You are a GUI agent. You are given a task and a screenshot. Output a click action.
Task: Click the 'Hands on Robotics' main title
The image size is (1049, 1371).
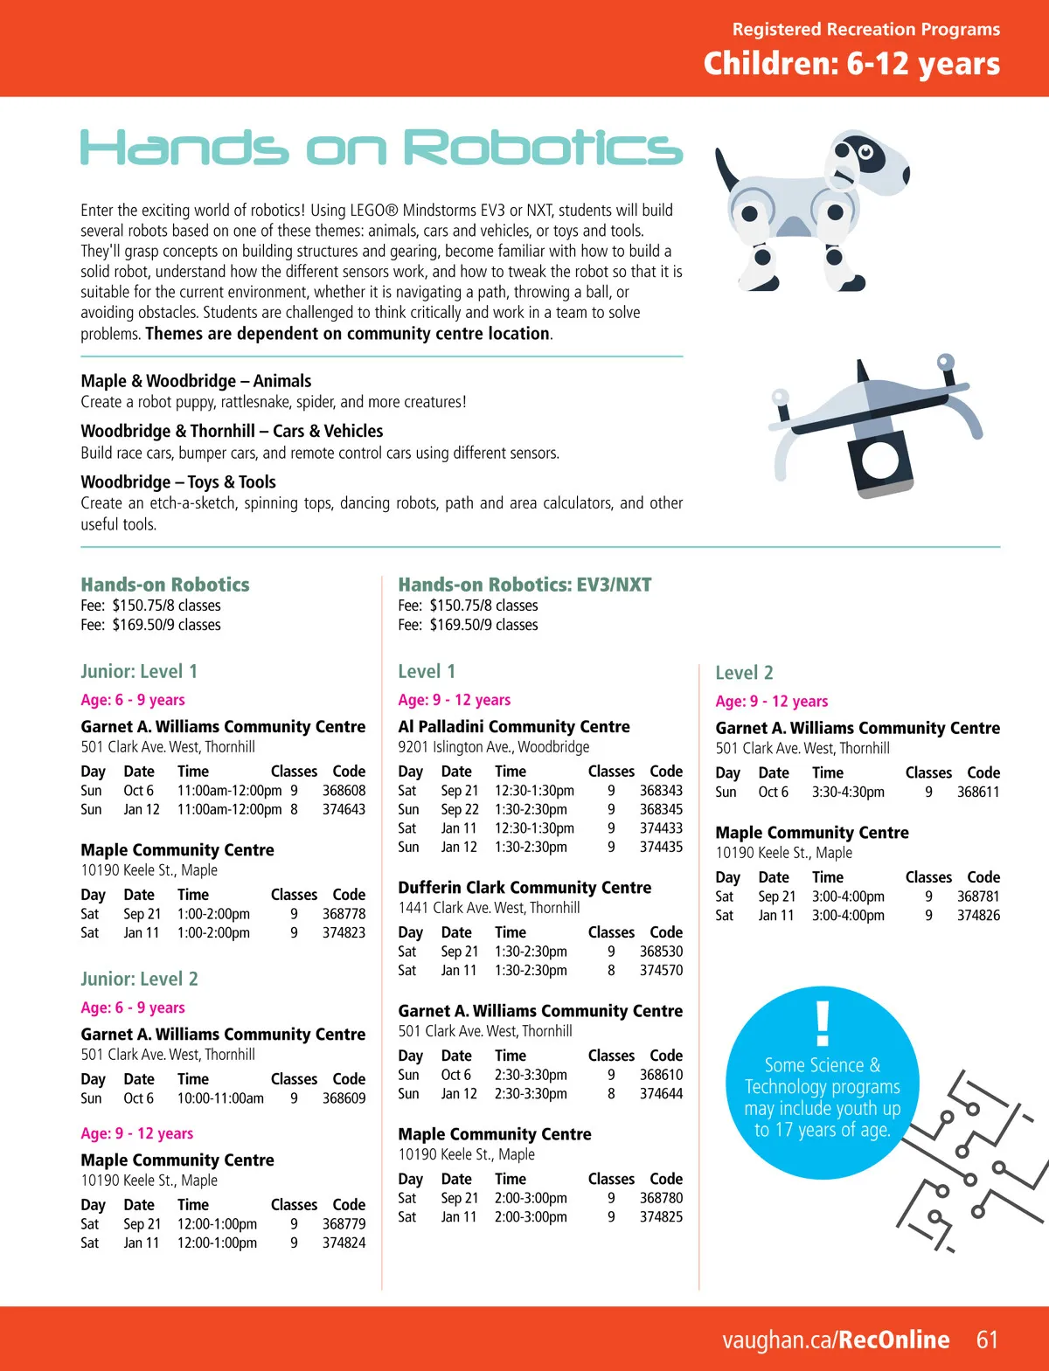[x=381, y=147]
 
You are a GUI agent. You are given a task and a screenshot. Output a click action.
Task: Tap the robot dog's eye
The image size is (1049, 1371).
[x=865, y=153]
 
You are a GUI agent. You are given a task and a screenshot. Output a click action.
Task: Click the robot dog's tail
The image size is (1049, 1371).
[x=726, y=171]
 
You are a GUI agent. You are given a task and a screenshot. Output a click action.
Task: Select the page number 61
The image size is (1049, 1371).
[x=987, y=1340]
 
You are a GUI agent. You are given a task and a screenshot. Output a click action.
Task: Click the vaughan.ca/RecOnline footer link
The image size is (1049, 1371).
[x=835, y=1340]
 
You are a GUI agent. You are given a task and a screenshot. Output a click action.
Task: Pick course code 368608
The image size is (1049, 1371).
[x=344, y=790]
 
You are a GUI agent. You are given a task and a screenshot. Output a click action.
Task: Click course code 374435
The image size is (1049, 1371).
[x=661, y=847]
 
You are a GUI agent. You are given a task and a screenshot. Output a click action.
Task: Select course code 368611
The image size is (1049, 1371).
[x=978, y=792]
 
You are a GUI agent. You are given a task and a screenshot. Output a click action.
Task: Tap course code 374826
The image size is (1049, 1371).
[x=978, y=915]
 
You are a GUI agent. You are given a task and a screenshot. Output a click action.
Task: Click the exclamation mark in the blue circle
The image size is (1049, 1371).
[x=822, y=1023]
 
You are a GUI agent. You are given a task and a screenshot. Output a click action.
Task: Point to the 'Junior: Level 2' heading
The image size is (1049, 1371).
[x=139, y=979]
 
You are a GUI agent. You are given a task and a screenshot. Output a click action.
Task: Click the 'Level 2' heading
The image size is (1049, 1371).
[x=744, y=673]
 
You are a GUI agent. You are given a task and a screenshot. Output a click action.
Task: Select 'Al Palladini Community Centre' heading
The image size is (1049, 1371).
[x=513, y=726]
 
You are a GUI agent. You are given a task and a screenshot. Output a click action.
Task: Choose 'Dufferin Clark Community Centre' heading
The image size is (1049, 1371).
[x=524, y=887]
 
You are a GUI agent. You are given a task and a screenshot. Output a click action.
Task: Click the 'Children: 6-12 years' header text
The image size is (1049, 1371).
[x=851, y=64]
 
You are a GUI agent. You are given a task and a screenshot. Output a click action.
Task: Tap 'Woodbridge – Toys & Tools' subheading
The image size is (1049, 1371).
[x=178, y=481]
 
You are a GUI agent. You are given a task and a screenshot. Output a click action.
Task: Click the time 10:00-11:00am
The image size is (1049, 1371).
[x=220, y=1098]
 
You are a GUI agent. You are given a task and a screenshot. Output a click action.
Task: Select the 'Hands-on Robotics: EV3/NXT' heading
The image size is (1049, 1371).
[x=524, y=585]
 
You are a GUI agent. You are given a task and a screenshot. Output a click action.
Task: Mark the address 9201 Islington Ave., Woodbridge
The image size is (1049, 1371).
[x=493, y=746]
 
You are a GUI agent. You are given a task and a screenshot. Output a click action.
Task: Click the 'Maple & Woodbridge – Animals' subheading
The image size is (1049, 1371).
[x=196, y=380]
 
